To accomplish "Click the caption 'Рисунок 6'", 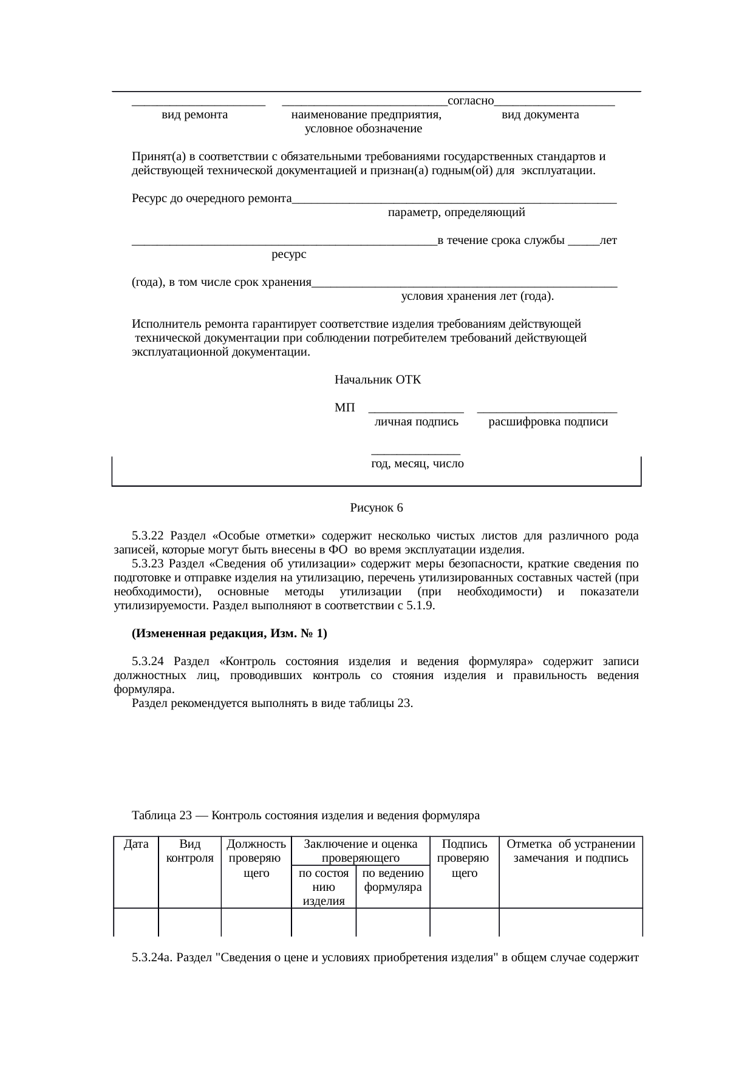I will pyautogui.click(x=376, y=507).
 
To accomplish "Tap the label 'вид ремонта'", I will pyautogui.click(x=194, y=115).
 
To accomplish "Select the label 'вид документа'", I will pyautogui.click(x=540, y=115).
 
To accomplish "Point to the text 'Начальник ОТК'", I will pyautogui.click(x=378, y=380).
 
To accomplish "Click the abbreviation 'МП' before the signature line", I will pyautogui.click(x=344, y=408).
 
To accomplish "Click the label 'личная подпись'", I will pyautogui.click(x=416, y=422).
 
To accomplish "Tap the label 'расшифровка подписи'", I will pyautogui.click(x=548, y=422).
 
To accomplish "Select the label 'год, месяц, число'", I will pyautogui.click(x=417, y=464).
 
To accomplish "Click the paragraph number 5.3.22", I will pyautogui.click(x=148, y=536).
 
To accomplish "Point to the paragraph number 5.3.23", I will pyautogui.click(x=148, y=564).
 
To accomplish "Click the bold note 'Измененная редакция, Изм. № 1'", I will pyautogui.click(x=229, y=634).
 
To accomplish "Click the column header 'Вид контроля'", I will pyautogui.click(x=189, y=851).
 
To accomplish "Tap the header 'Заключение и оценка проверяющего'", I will pyautogui.click(x=360, y=851).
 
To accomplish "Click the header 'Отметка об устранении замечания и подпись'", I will pyautogui.click(x=570, y=851).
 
